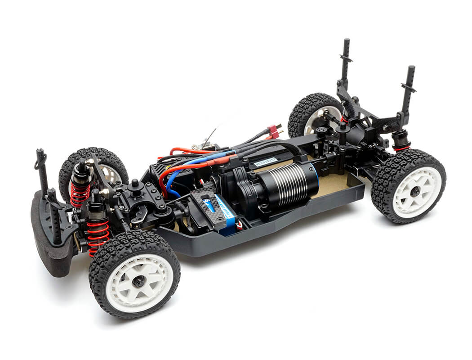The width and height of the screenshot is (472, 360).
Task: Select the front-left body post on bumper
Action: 42,171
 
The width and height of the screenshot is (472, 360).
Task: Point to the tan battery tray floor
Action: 333,184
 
